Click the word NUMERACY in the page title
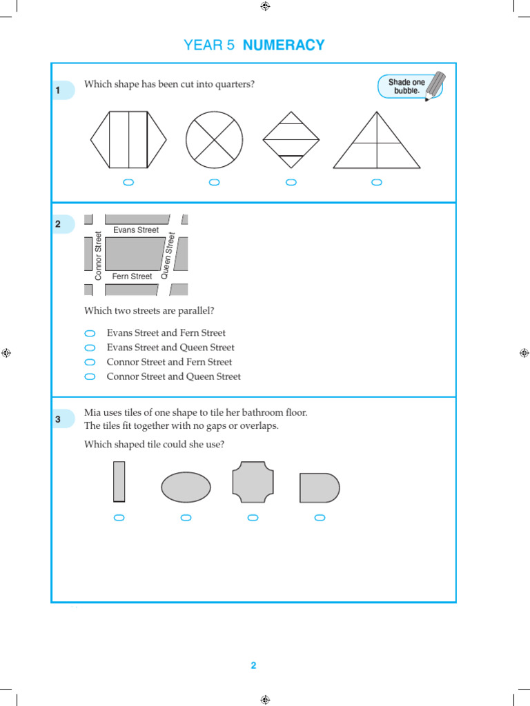[x=284, y=46]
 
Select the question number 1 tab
[x=60, y=90]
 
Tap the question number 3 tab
[x=60, y=419]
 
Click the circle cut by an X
[x=215, y=139]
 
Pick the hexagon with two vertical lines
[x=128, y=139]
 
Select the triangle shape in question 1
[x=377, y=145]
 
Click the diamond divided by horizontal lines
[x=291, y=140]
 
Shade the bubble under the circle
[x=215, y=182]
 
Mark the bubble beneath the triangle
[x=377, y=182]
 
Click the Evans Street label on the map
[x=136, y=230]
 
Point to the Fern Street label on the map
[x=132, y=276]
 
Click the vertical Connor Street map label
[x=98, y=256]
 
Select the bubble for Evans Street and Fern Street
[x=90, y=333]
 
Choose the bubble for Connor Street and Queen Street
[x=90, y=376]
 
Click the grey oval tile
[x=186, y=487]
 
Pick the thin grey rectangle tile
[x=119, y=481]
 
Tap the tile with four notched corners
[x=253, y=482]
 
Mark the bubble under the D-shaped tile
[x=320, y=518]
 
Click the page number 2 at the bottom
[x=253, y=665]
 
